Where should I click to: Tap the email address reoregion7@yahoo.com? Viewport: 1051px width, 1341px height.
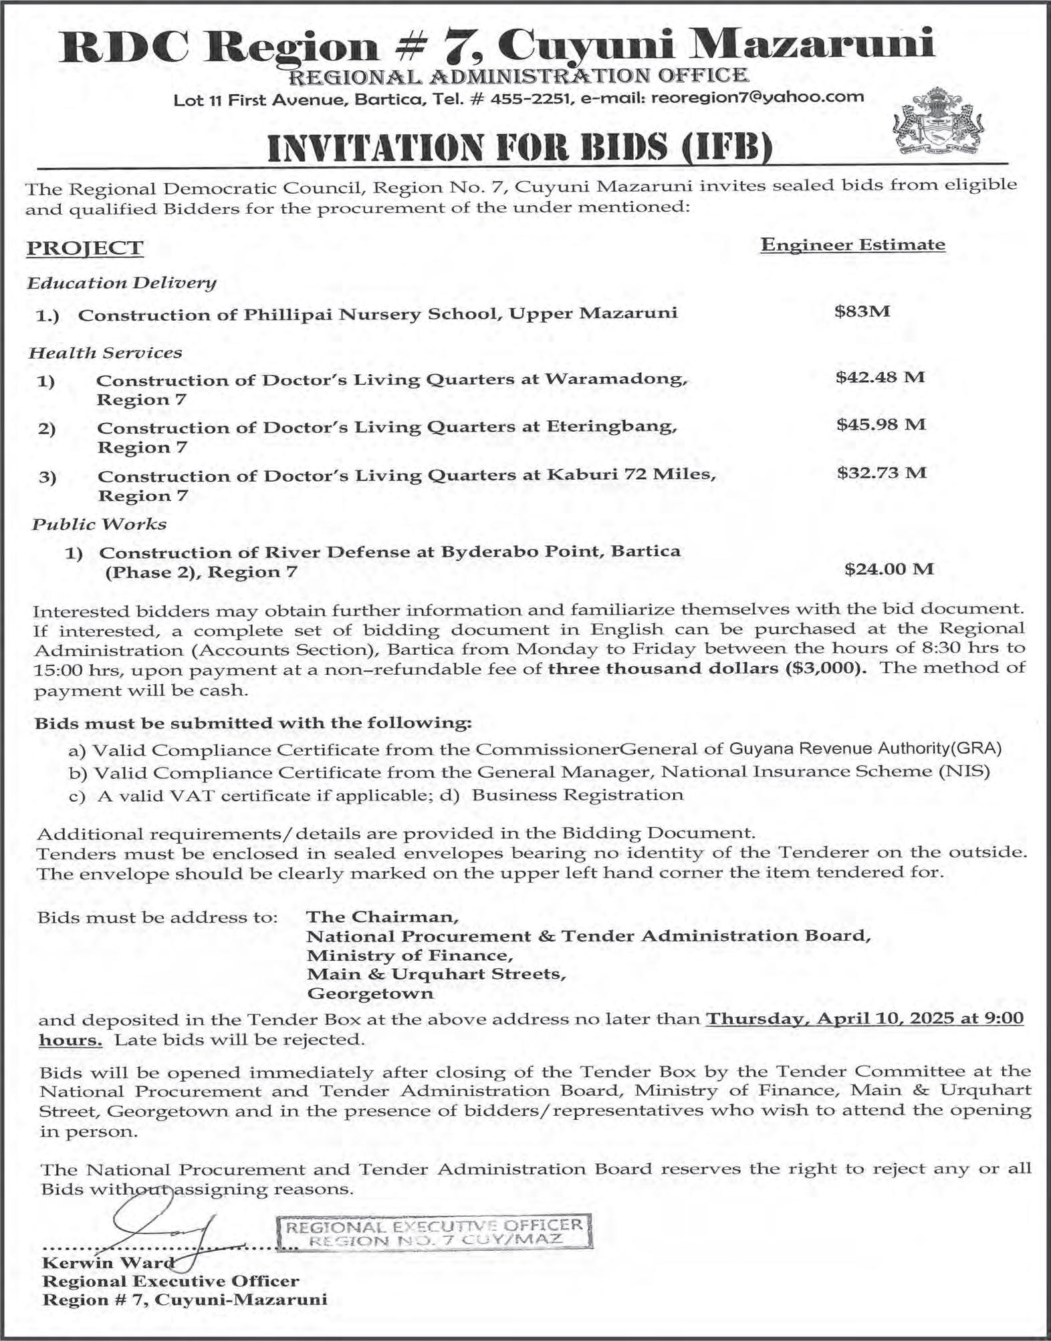757,98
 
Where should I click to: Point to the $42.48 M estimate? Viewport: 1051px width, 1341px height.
880,377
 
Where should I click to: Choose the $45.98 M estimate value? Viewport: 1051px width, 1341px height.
881,424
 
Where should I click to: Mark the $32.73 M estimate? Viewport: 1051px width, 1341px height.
881,473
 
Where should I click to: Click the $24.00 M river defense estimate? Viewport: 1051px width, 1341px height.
889,569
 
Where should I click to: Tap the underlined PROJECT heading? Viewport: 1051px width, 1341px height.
84,248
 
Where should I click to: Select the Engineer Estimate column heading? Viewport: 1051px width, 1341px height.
852,245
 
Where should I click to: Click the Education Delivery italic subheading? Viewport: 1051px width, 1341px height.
122,283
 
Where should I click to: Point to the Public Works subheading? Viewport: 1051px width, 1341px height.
99,524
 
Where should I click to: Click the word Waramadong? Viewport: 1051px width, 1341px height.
616,380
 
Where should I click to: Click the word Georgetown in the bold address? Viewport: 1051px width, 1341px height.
370,994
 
